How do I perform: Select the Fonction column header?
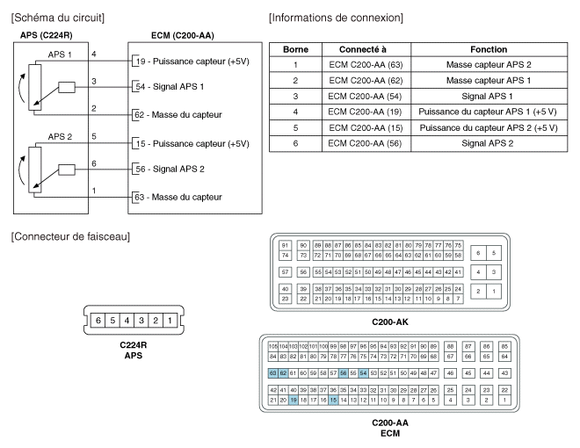(488, 49)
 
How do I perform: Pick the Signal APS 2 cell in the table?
(488, 143)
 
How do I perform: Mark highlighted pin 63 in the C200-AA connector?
(272, 372)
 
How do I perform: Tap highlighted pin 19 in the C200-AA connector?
(294, 400)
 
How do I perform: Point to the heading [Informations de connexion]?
(336, 17)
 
